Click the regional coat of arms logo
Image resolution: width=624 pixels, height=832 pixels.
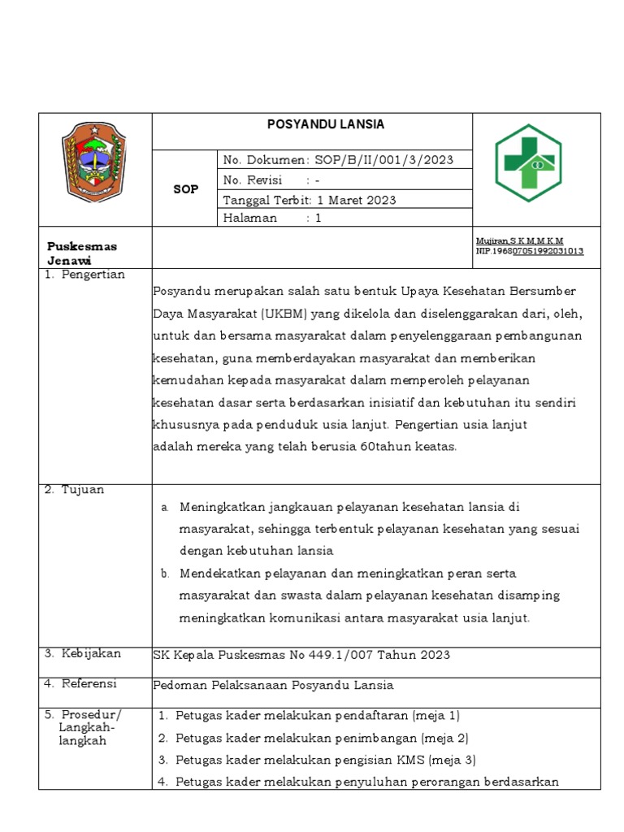pyautogui.click(x=95, y=162)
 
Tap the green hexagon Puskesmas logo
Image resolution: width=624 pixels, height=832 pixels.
pyautogui.click(x=529, y=162)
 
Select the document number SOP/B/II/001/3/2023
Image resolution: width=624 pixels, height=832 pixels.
pyautogui.click(x=383, y=160)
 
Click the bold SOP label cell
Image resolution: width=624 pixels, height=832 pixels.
pyautogui.click(x=186, y=189)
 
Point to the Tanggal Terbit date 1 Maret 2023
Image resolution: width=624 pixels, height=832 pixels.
pyautogui.click(x=356, y=200)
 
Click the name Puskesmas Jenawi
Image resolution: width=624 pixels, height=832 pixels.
pyautogui.click(x=82, y=253)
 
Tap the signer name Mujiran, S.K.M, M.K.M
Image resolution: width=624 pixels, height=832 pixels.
pyautogui.click(x=520, y=241)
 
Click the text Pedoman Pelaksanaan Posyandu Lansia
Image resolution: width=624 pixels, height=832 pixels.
pyautogui.click(x=273, y=685)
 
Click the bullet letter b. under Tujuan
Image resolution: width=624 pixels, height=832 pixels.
pyautogui.click(x=165, y=574)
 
